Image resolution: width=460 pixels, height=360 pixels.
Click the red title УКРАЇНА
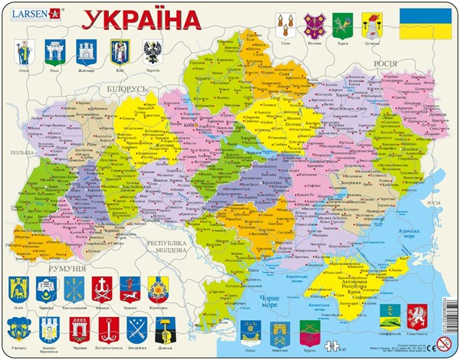(x=137, y=18)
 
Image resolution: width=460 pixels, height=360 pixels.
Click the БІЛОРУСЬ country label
(x=121, y=90)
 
